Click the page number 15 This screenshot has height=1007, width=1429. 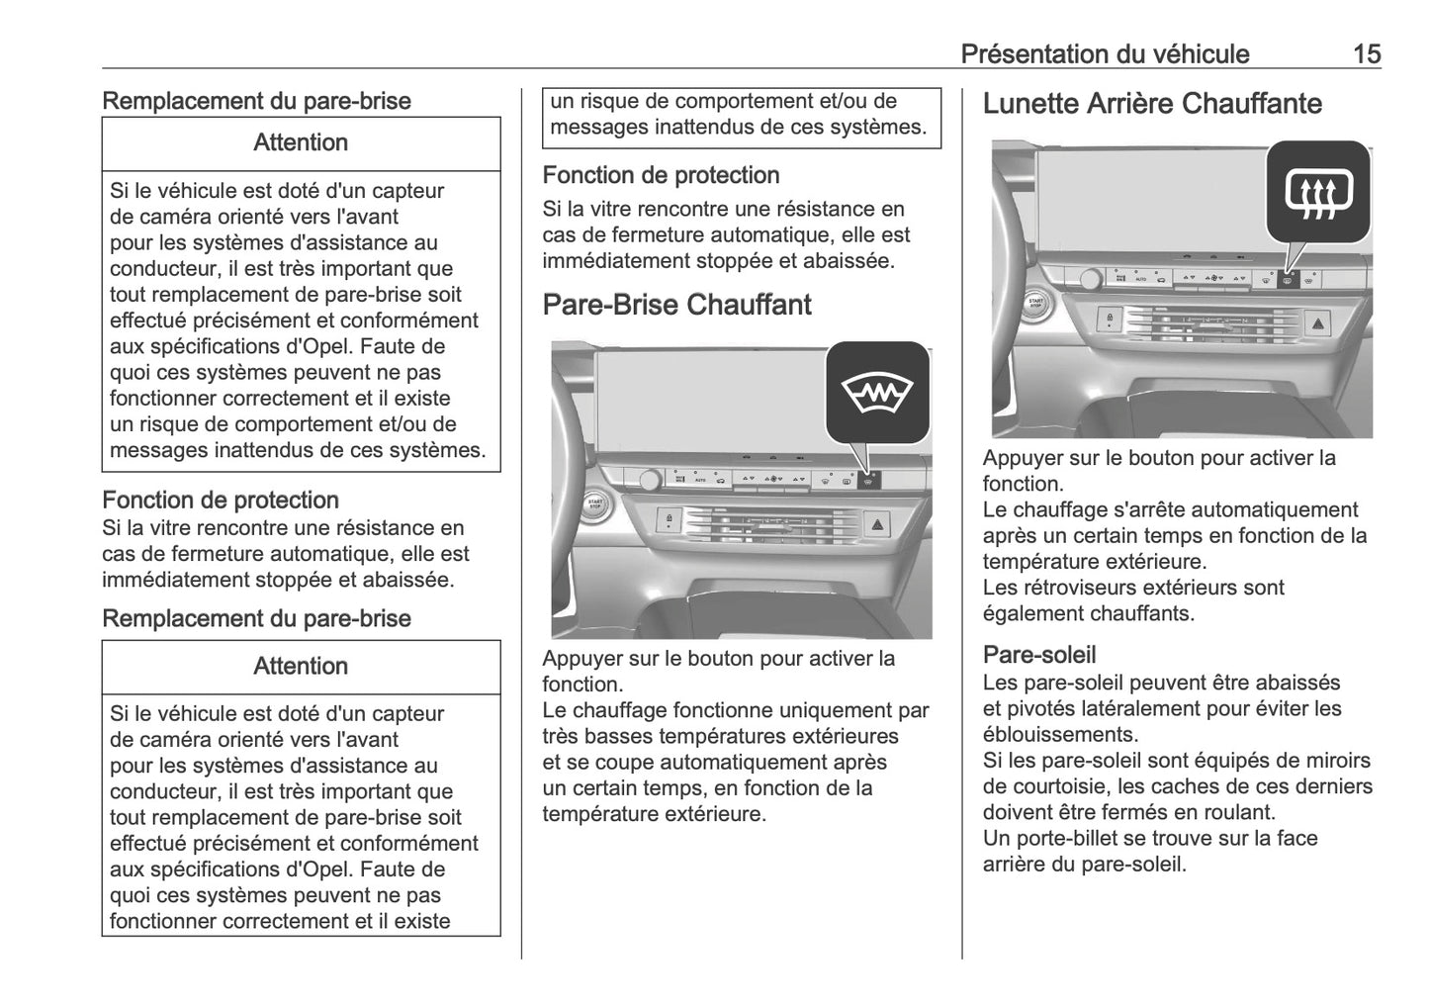click(1367, 53)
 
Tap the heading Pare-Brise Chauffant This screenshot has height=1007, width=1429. click(676, 305)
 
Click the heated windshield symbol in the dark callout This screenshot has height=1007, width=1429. click(878, 393)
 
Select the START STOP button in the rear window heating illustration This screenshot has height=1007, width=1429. click(1035, 304)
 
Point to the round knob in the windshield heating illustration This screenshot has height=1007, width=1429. click(650, 481)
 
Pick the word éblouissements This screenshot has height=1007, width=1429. click(1060, 735)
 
